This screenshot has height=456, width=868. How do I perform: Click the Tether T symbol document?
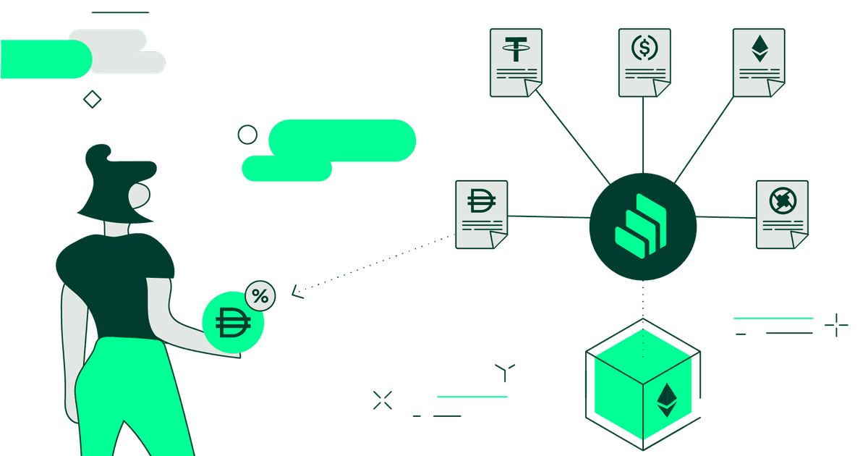click(x=516, y=62)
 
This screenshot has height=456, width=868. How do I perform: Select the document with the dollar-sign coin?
click(x=644, y=62)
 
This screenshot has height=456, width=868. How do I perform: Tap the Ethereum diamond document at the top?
click(x=759, y=62)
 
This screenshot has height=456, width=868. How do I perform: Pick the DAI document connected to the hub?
click(x=482, y=214)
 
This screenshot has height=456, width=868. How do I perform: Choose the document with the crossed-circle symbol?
click(x=782, y=214)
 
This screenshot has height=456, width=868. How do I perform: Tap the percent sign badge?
click(x=260, y=296)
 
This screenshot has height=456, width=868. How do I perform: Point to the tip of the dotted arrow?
click(x=293, y=293)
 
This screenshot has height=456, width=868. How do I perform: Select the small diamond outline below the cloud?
click(x=93, y=99)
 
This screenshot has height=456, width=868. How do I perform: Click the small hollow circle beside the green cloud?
click(x=247, y=135)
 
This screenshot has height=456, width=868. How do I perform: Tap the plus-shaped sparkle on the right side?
click(x=836, y=325)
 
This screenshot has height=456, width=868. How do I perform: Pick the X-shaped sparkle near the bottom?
click(x=382, y=400)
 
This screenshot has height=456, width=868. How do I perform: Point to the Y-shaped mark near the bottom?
click(x=505, y=372)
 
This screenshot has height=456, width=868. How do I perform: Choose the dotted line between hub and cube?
click(x=642, y=300)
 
